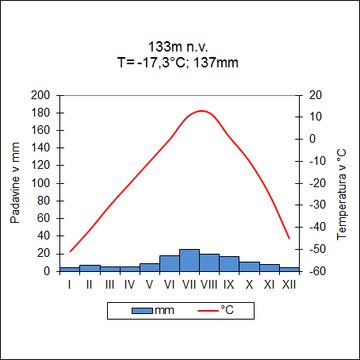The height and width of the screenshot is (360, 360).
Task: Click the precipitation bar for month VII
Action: click(190, 260)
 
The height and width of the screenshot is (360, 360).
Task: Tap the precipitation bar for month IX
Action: click(229, 264)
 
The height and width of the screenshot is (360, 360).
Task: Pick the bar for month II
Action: click(90, 268)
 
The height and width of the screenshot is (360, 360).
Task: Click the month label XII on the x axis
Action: click(289, 284)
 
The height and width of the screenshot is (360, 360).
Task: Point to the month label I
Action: click(70, 284)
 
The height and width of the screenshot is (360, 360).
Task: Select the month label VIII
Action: click(209, 284)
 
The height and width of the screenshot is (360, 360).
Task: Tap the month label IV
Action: click(129, 284)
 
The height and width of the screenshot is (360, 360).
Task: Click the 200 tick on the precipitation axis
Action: click(40, 95)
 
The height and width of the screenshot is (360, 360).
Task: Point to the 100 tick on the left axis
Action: click(40, 183)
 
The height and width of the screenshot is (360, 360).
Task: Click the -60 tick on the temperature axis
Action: click(315, 271)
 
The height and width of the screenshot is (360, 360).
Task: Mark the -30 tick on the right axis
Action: click(315, 205)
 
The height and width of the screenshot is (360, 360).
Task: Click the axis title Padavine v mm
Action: click(16, 183)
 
